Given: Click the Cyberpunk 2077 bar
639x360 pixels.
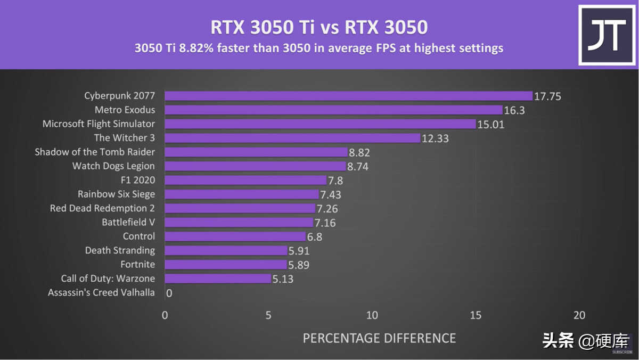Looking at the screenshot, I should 348,96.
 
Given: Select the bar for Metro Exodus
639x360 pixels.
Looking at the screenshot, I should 333,110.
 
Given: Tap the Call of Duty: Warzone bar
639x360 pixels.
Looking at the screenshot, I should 218,279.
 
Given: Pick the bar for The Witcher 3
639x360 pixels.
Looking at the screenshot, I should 292,138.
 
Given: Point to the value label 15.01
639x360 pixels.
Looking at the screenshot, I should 491,124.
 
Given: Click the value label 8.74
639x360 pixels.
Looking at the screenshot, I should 358,166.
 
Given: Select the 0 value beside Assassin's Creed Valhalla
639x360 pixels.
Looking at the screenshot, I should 169,293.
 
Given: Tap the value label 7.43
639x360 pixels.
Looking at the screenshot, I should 331,194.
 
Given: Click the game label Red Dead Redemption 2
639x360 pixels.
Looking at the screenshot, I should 102,208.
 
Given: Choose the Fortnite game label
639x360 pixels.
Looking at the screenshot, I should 137,265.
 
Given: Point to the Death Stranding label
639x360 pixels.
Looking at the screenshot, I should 120,250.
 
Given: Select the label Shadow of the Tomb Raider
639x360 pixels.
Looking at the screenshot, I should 95,152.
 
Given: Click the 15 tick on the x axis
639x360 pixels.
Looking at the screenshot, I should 476,315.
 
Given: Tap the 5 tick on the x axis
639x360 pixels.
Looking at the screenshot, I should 268,315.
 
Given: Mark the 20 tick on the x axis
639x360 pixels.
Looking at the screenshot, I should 579,315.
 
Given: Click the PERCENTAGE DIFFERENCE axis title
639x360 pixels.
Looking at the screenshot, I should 379,338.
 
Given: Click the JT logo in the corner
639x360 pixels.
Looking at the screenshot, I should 606,35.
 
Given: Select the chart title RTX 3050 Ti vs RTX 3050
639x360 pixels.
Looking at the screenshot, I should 319,27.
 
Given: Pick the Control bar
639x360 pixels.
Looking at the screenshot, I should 235,236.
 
